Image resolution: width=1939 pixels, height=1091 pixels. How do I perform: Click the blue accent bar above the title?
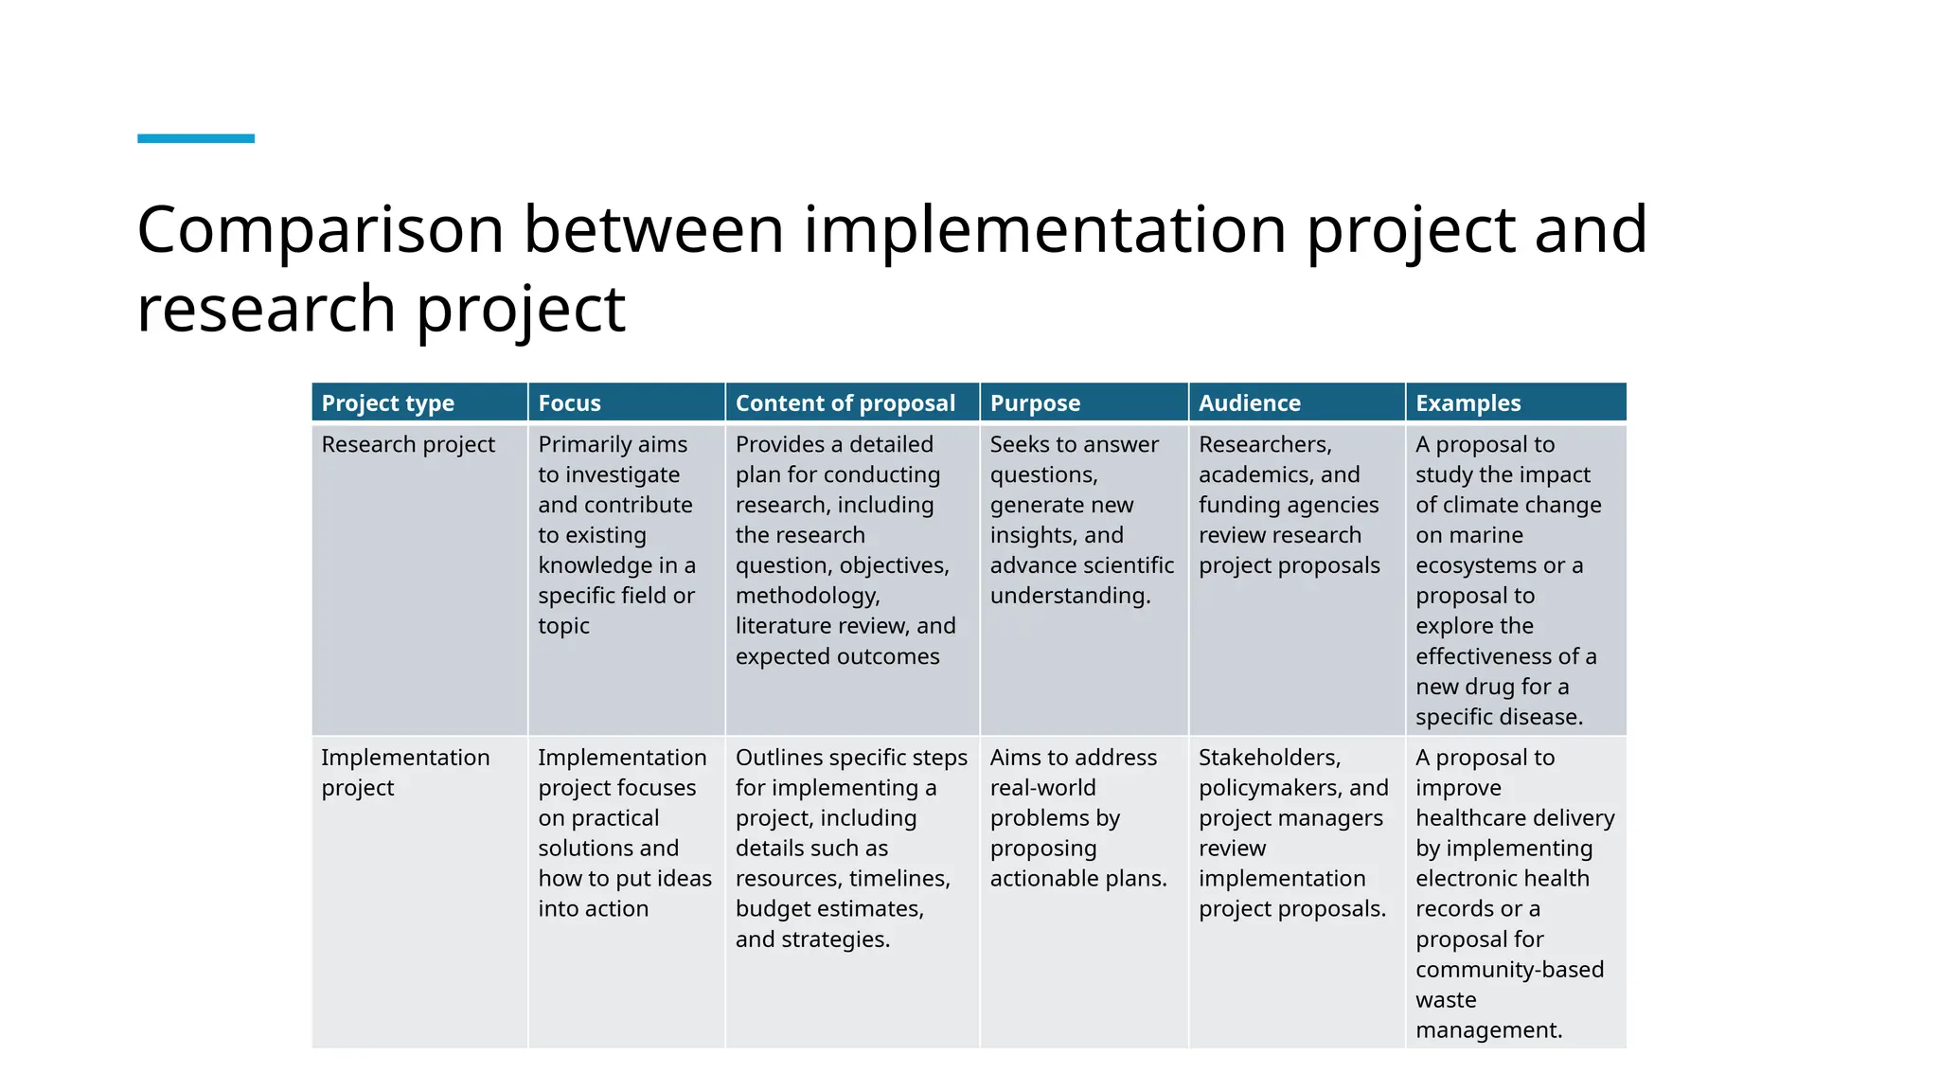point(196,138)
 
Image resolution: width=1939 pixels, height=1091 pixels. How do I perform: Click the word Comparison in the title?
point(320,230)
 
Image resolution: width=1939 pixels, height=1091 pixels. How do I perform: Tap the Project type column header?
point(387,403)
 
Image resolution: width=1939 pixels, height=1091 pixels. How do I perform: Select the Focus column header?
point(569,403)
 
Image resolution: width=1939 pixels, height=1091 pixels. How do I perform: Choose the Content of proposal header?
point(845,403)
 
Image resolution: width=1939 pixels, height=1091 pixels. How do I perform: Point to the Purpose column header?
point(1035,403)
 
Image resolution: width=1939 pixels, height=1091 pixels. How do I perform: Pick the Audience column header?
point(1249,403)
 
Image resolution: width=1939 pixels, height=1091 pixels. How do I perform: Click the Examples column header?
point(1468,403)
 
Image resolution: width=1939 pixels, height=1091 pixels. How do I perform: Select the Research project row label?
point(408,444)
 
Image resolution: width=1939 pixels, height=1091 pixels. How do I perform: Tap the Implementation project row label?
point(405,772)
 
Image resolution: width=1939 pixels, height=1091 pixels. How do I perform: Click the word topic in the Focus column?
point(563,626)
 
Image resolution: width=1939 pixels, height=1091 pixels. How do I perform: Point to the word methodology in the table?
point(806,596)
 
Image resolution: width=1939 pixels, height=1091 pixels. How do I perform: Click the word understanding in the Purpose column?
point(1069,596)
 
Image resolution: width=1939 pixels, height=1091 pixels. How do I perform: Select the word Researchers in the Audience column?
point(1264,444)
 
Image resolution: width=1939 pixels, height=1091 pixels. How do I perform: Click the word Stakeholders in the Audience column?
point(1269,758)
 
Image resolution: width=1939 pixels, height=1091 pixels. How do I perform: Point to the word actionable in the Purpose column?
point(1042,879)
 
